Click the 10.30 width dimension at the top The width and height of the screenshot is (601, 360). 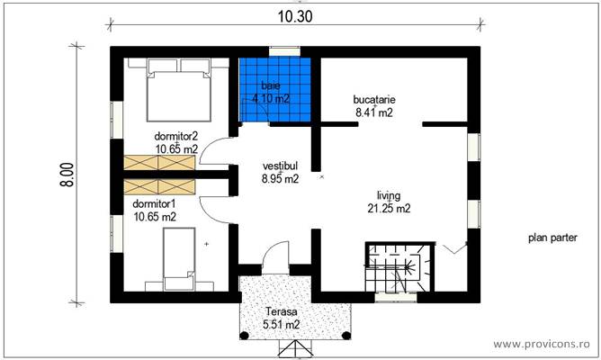coord(295,16)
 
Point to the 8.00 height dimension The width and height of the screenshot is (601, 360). coord(67,175)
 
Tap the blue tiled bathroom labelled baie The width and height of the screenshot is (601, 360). coord(274,90)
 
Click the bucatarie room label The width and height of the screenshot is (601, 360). coord(374,100)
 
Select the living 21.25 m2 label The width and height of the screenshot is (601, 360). coord(389,202)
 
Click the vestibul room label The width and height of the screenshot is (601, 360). coord(280,166)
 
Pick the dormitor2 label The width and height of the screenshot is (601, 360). coord(176,136)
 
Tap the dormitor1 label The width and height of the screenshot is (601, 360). coord(154,203)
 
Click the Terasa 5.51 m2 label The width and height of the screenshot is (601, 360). coord(282,319)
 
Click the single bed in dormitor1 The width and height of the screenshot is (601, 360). coord(179,259)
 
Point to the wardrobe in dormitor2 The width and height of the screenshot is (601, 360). coord(159,163)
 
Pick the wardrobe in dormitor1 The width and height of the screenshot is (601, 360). coord(159,186)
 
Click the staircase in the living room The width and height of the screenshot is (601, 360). coord(399,266)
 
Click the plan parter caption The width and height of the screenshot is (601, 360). coord(552,238)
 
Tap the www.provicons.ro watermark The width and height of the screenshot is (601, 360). coord(542,344)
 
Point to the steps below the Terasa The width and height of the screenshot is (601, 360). coord(295,348)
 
